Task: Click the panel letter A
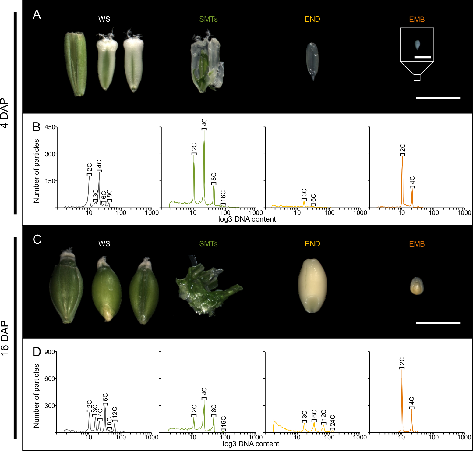pyautogui.click(x=37, y=15)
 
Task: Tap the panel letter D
pyautogui.click(x=37, y=352)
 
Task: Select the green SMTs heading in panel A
pyautogui.click(x=208, y=19)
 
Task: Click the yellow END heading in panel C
pyautogui.click(x=312, y=244)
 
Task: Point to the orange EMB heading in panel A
pyautogui.click(x=417, y=20)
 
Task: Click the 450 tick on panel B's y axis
pyautogui.click(x=50, y=127)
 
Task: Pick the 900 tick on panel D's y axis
pyautogui.click(x=50, y=352)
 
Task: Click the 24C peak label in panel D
pyautogui.click(x=333, y=421)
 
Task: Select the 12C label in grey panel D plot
pyautogui.click(x=115, y=413)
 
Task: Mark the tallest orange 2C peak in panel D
pyautogui.click(x=402, y=370)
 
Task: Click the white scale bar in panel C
pyautogui.click(x=438, y=323)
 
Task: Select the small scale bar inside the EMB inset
pyautogui.click(x=423, y=57)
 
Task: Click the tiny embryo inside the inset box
pyautogui.click(x=417, y=44)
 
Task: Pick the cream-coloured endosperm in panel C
pyautogui.click(x=312, y=286)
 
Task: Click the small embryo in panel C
pyautogui.click(x=417, y=286)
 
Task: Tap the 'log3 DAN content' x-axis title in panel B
pyautogui.click(x=247, y=219)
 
